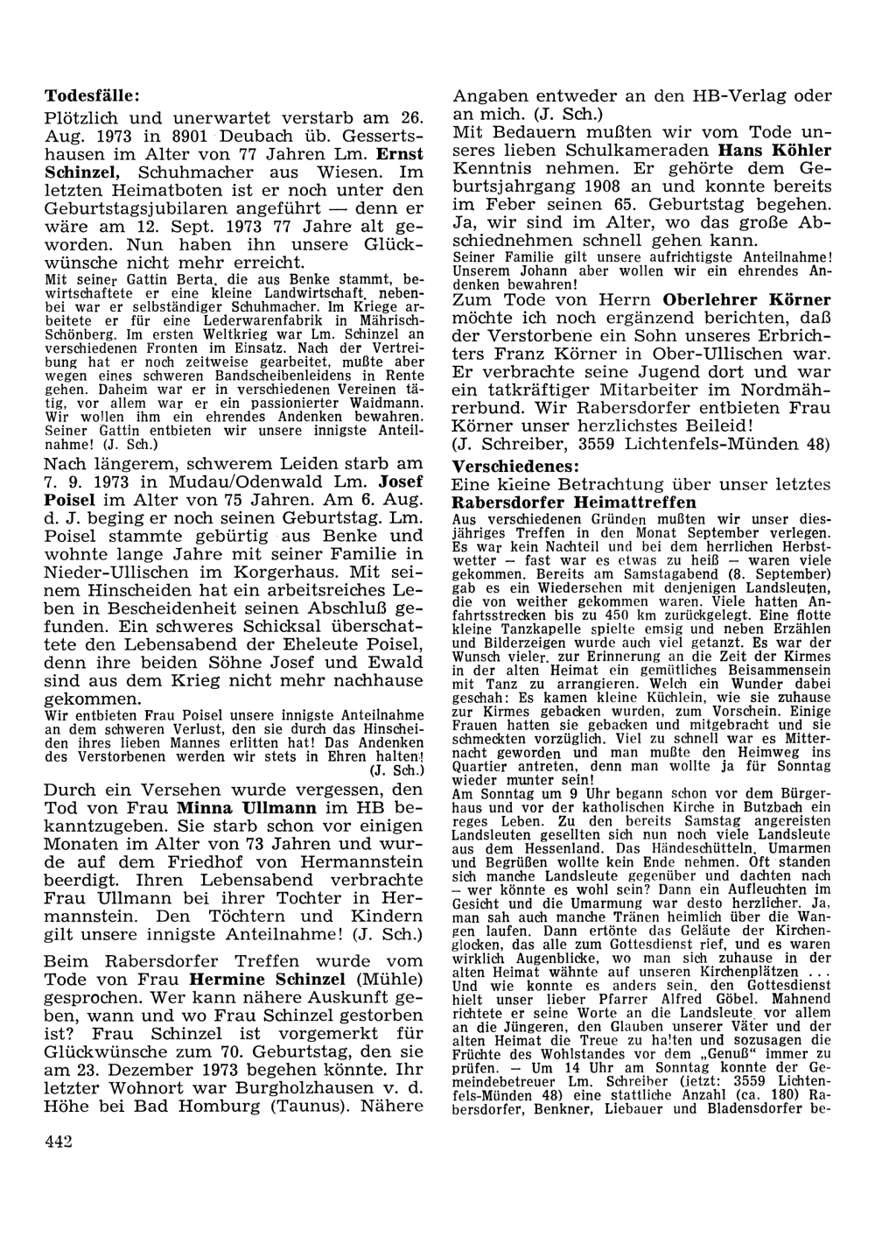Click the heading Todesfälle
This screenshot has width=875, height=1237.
coord(91,94)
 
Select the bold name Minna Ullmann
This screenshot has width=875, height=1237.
coord(248,806)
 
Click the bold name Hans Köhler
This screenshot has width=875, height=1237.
coord(773,150)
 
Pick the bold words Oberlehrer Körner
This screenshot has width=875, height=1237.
coord(746,300)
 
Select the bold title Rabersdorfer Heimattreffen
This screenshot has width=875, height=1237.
coord(574,503)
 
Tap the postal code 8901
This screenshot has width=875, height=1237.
coord(190,136)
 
